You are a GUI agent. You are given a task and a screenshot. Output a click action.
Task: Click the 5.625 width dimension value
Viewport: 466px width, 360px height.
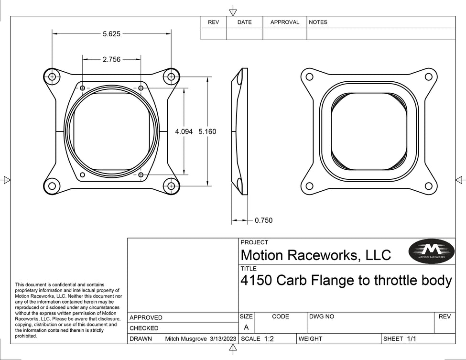pyautogui.click(x=111, y=34)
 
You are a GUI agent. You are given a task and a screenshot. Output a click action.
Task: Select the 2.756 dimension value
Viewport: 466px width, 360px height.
pyautogui.click(x=111, y=59)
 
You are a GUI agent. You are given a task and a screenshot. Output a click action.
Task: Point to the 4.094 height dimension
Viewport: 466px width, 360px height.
pyautogui.click(x=184, y=131)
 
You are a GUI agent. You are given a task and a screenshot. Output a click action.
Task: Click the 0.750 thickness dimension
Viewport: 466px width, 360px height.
pyautogui.click(x=263, y=220)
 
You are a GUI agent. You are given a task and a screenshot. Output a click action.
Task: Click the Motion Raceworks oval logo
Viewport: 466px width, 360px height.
pyautogui.click(x=432, y=250)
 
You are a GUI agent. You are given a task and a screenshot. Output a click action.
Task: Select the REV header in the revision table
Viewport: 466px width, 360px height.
pyautogui.click(x=213, y=22)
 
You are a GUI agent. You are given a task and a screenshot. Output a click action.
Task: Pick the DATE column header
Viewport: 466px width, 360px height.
pyautogui.click(x=244, y=22)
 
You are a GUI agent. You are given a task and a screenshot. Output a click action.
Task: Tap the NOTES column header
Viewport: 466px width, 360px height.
pyautogui.click(x=318, y=22)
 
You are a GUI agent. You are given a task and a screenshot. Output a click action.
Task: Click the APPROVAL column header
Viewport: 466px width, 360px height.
pyautogui.click(x=284, y=22)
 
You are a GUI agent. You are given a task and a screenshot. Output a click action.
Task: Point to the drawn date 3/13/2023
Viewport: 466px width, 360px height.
pyautogui.click(x=223, y=338)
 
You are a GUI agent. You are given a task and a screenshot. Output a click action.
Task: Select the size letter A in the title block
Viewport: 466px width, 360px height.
pyautogui.click(x=246, y=327)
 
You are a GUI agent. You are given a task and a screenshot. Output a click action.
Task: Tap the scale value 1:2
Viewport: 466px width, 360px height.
pyautogui.click(x=269, y=338)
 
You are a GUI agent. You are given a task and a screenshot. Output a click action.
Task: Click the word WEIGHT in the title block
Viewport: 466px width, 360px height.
pyautogui.click(x=311, y=338)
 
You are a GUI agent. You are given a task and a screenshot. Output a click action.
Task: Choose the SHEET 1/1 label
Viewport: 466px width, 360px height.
pyautogui.click(x=400, y=338)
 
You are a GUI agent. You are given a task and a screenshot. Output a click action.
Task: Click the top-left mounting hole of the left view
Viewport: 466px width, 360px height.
pyautogui.click(x=52, y=76)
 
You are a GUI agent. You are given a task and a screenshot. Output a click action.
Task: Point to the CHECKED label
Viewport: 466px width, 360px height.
pyautogui.click(x=144, y=328)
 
